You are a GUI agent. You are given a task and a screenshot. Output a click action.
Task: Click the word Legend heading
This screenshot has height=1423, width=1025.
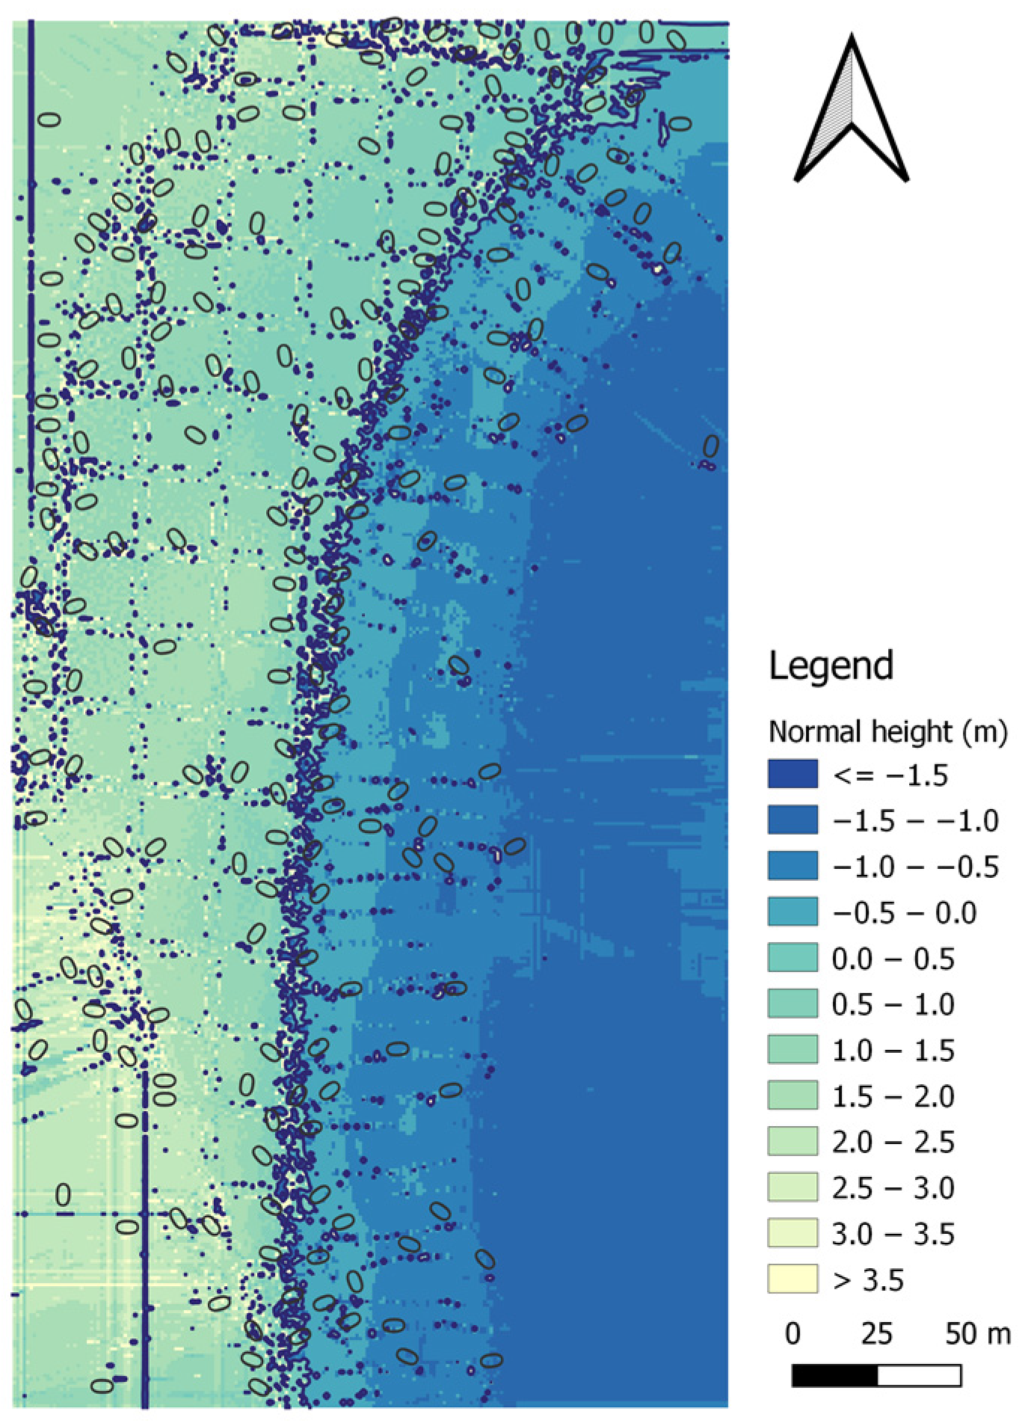(831, 665)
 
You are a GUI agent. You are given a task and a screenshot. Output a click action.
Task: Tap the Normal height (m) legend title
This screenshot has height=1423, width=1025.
(887, 731)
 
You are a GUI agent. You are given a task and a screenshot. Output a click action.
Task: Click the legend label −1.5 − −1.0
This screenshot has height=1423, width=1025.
(915, 821)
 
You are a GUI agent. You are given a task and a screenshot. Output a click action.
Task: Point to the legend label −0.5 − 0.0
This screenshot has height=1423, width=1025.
(904, 913)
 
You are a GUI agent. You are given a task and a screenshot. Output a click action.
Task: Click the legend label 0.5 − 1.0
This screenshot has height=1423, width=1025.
(893, 1004)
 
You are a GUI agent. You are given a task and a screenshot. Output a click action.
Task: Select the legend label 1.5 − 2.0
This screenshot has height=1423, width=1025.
(893, 1096)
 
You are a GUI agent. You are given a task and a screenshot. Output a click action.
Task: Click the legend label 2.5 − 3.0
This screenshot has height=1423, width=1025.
(893, 1187)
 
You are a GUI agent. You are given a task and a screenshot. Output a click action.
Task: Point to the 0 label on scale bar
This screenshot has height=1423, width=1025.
(792, 1334)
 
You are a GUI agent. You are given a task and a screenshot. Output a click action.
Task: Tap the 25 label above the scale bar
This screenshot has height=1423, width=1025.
(876, 1334)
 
